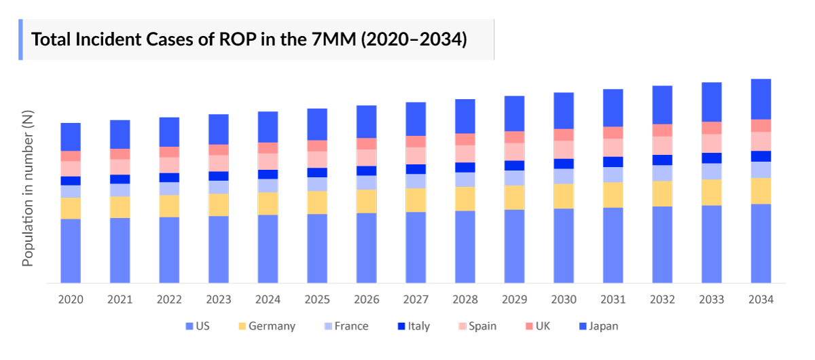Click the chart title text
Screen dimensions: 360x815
point(249,39)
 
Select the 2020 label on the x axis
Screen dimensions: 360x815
point(71,300)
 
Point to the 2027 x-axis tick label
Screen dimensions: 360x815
point(416,300)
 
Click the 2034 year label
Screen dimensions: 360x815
point(761,300)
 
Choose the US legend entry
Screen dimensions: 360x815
point(198,326)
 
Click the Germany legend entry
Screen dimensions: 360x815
point(266,326)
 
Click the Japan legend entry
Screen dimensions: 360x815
point(598,326)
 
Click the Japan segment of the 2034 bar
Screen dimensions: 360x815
point(761,99)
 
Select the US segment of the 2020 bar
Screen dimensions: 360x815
point(71,250)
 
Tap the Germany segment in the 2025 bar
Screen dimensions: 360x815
point(317,202)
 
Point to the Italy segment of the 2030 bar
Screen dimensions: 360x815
point(564,164)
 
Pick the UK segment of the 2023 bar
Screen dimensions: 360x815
point(219,150)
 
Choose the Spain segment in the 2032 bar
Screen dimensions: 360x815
point(662,145)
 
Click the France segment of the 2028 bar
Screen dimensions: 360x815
point(465,179)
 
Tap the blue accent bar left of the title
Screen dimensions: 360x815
point(20,39)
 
